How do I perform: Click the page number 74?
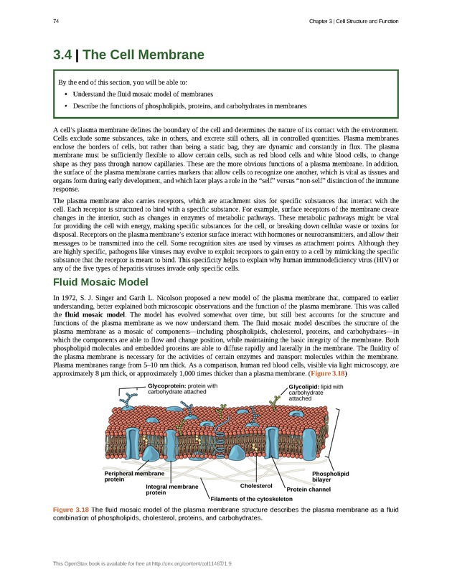click(55, 21)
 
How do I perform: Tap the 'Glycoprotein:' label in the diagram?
click(169, 385)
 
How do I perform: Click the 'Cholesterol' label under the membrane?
click(256, 486)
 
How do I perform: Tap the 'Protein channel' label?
click(308, 490)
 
